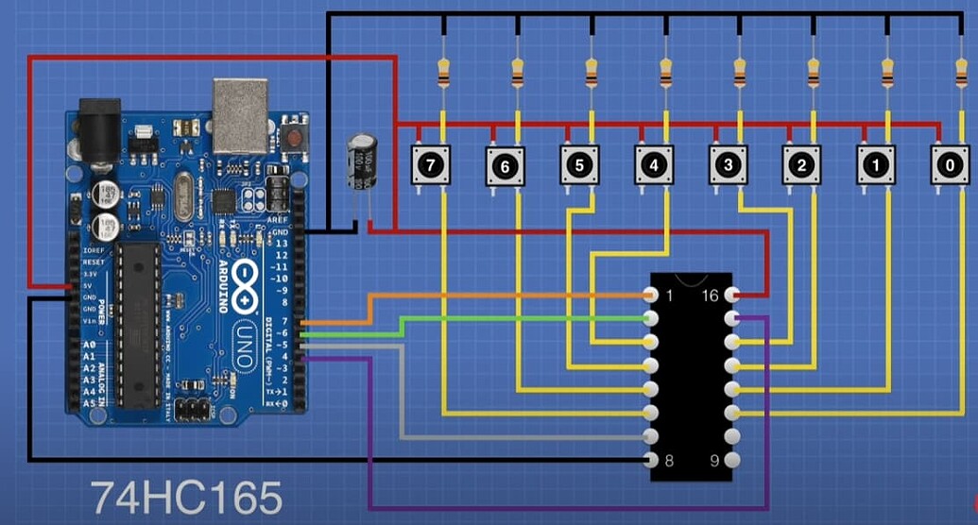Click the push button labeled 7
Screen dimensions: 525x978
431,165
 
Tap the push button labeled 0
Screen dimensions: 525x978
950,165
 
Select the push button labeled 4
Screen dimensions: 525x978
653,165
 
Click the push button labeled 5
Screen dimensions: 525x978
578,165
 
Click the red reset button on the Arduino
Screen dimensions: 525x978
295,138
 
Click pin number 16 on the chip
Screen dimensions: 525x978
735,296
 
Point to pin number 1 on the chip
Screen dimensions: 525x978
651,296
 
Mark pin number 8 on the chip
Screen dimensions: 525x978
651,460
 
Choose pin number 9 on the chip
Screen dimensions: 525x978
735,460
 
